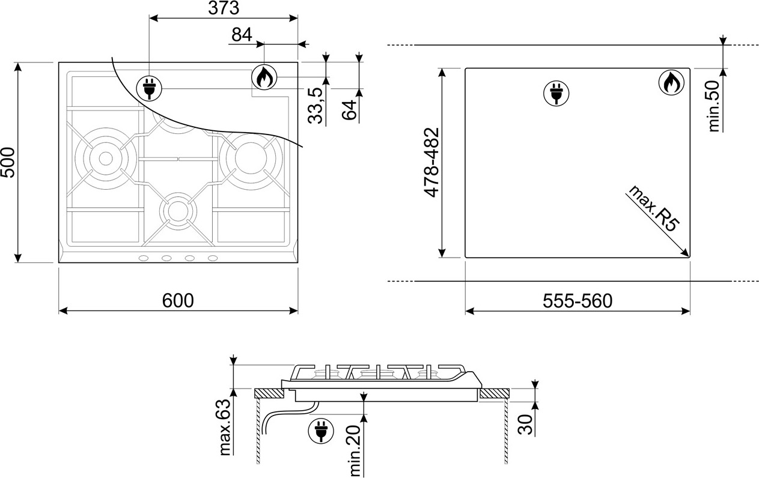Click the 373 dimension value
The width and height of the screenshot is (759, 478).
[224, 8]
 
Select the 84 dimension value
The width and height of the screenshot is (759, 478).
[242, 35]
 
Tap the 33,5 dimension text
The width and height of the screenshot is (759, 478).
[315, 105]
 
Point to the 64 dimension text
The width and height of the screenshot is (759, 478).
[349, 110]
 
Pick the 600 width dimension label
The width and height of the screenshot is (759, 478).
[178, 300]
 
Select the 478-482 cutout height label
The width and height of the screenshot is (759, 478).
[431, 162]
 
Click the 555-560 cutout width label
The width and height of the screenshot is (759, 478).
[578, 301]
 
